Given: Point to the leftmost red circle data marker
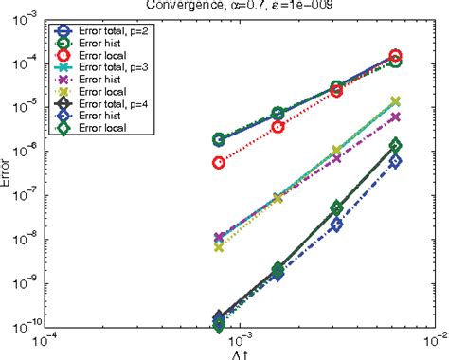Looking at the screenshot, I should click(x=219, y=162).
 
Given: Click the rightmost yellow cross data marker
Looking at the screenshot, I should click(x=396, y=101).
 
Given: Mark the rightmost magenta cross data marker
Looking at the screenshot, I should click(x=396, y=117).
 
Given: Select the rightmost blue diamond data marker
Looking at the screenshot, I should click(x=396, y=161).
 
